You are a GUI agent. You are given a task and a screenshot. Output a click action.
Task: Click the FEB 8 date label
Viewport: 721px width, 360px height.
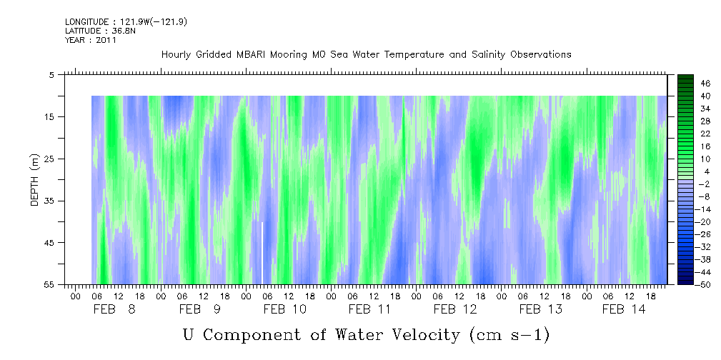click(115, 309)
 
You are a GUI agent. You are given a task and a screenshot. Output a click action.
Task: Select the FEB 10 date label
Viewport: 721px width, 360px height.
click(285, 309)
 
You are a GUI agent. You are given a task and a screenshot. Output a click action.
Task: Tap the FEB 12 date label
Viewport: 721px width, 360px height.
click(455, 309)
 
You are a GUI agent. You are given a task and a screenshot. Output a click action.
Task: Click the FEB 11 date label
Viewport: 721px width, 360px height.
click(370, 309)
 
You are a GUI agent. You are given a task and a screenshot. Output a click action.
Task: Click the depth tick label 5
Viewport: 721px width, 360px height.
click(52, 74)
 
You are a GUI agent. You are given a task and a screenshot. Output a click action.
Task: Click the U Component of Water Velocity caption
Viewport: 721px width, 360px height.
click(366, 334)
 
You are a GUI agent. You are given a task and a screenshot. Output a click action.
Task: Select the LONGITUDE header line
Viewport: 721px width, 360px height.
click(126, 22)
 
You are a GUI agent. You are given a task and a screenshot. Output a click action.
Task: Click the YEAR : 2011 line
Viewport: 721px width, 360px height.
click(91, 41)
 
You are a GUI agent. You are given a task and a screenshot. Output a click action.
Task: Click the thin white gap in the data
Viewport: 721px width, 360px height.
click(262, 254)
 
